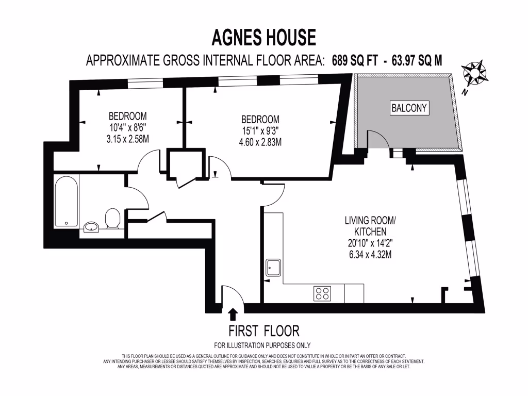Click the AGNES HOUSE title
(263, 38)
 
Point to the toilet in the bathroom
(112, 219)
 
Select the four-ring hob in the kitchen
(322, 293)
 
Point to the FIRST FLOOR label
(263, 331)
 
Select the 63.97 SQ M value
(417, 60)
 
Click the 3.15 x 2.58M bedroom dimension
(127, 139)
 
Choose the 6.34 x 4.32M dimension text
(370, 254)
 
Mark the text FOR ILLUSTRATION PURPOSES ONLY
(262, 345)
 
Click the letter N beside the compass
(465, 93)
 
